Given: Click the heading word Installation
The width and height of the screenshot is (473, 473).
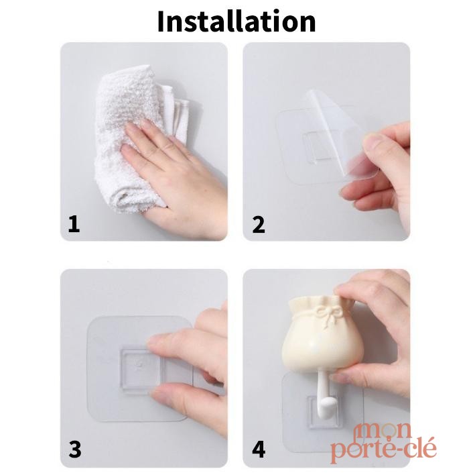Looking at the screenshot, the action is coord(236,21).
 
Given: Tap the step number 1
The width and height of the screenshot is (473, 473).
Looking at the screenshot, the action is coord(74,224).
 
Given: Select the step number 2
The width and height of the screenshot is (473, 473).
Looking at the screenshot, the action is coord(259,224).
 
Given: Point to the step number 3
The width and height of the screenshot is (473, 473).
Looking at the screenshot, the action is coord(75,449).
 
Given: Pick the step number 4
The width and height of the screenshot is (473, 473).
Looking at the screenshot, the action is coord(259,450).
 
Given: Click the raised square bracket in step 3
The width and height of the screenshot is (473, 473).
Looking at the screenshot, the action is coord(140,370).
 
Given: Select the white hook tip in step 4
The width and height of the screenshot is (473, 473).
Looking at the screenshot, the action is coord(326,407).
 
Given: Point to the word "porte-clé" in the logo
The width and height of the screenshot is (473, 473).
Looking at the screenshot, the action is coord(383,450).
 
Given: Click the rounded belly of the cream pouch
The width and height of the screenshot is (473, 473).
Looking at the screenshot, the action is coord(322,348).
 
